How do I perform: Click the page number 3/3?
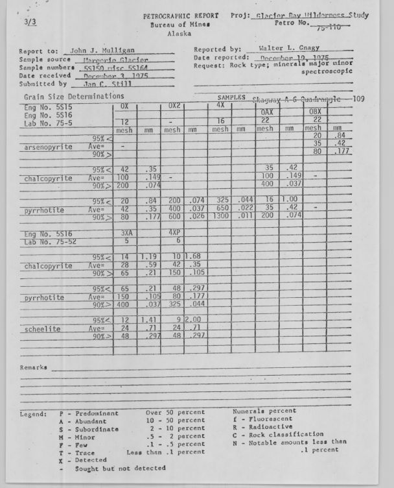(30, 21)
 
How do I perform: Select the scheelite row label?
(44, 329)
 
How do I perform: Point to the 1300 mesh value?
(219, 216)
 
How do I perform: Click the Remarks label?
(34, 367)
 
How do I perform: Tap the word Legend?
(33, 413)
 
